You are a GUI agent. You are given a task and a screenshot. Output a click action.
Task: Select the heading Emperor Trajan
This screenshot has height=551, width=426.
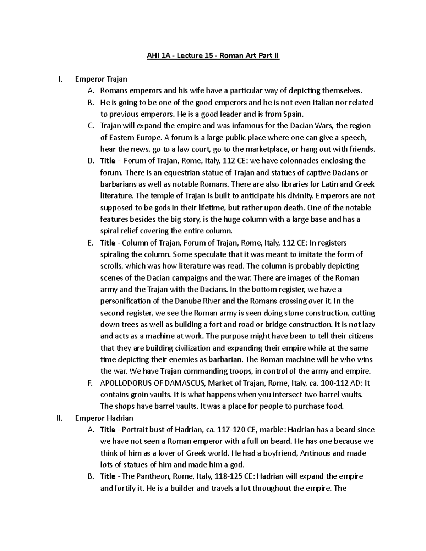[x=101, y=79]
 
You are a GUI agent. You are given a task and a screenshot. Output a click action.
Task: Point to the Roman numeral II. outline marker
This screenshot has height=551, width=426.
[x=59, y=418]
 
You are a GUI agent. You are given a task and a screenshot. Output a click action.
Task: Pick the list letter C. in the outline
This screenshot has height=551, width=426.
[x=90, y=126]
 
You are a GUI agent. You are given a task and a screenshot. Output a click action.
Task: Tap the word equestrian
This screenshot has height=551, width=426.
[x=170, y=173]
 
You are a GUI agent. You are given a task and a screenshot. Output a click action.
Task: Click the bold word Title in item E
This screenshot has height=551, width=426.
[x=108, y=243]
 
